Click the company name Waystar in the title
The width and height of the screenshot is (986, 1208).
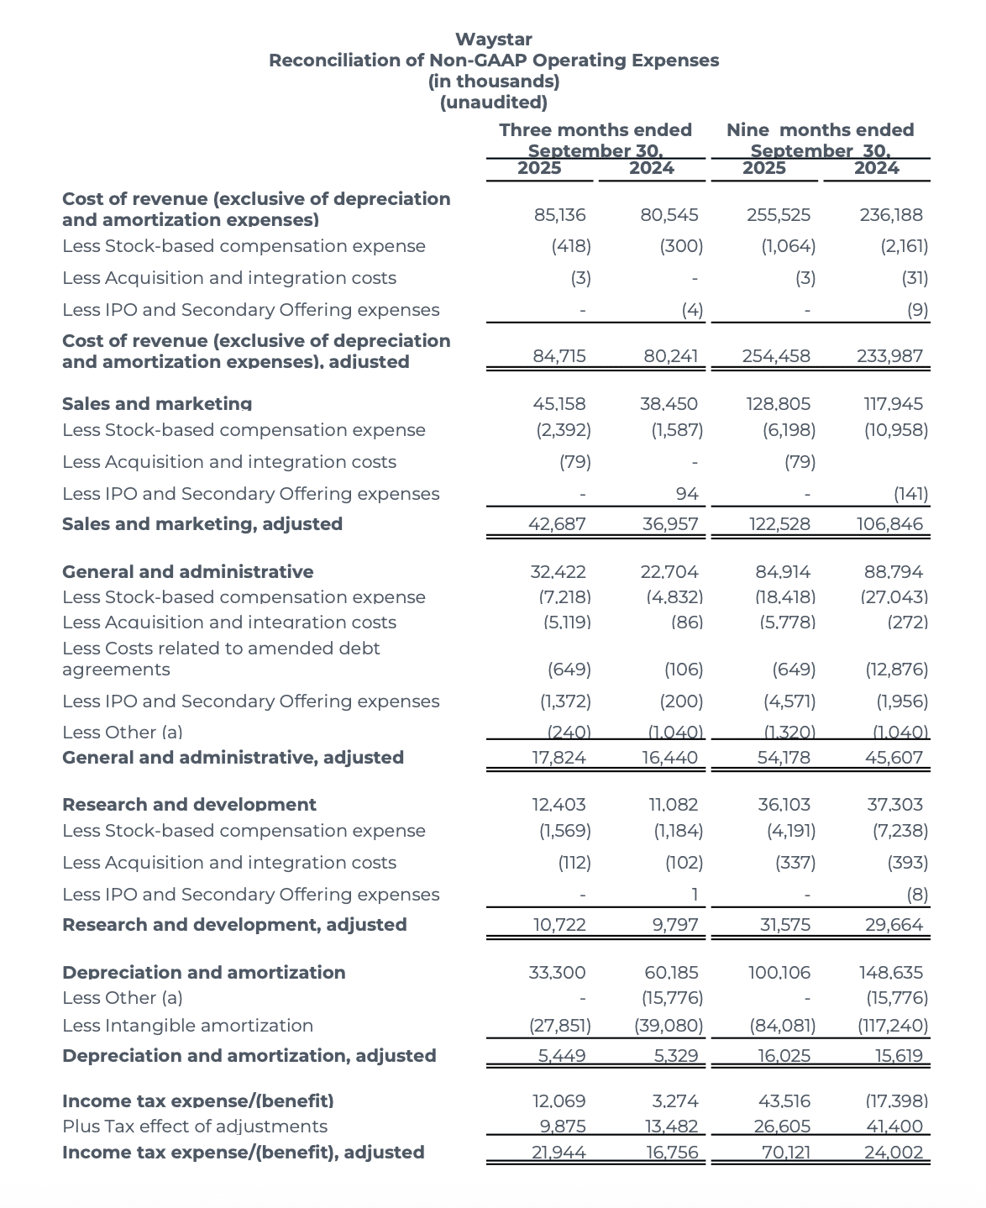[493, 39]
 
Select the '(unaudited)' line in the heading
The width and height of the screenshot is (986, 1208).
[493, 102]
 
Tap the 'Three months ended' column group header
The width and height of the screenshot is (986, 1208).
[595, 130]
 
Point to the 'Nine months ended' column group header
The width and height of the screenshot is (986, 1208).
[820, 130]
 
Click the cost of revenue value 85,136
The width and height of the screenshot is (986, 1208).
[559, 215]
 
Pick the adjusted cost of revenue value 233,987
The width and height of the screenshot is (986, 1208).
[889, 356]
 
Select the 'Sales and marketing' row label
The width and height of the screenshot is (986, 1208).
[157, 404]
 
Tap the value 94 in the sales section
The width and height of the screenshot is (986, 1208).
[687, 494]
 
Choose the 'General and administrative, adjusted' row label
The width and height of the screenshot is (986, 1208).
[233, 758]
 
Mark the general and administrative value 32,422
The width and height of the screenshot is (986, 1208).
[559, 572]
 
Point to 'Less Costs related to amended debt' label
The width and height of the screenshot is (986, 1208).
[221, 649]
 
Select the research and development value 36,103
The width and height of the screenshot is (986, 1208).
[784, 805]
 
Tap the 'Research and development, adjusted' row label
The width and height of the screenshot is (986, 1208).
[234, 925]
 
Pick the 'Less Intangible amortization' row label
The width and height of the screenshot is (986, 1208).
[187, 1026]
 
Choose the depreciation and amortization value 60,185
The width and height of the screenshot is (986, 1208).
[671, 973]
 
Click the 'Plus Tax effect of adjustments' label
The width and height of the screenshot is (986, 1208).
[195, 1127]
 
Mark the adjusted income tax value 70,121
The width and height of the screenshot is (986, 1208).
[785, 1153]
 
